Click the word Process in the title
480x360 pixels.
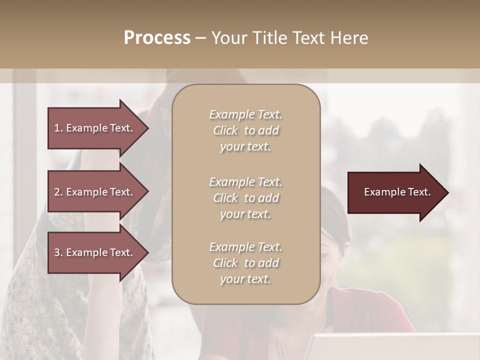coord(157,38)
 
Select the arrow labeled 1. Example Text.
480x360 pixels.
coord(95,128)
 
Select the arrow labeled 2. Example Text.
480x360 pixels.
coord(95,192)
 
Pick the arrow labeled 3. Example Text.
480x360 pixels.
coord(95,252)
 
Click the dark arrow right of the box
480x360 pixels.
coord(395,192)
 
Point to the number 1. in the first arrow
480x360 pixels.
coord(58,128)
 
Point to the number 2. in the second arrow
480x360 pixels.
coord(58,192)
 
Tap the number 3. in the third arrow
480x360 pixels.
coord(58,252)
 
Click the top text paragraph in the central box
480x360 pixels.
coord(245,130)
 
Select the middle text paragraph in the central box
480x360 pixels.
coord(245,197)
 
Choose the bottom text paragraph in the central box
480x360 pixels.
coord(245,263)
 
